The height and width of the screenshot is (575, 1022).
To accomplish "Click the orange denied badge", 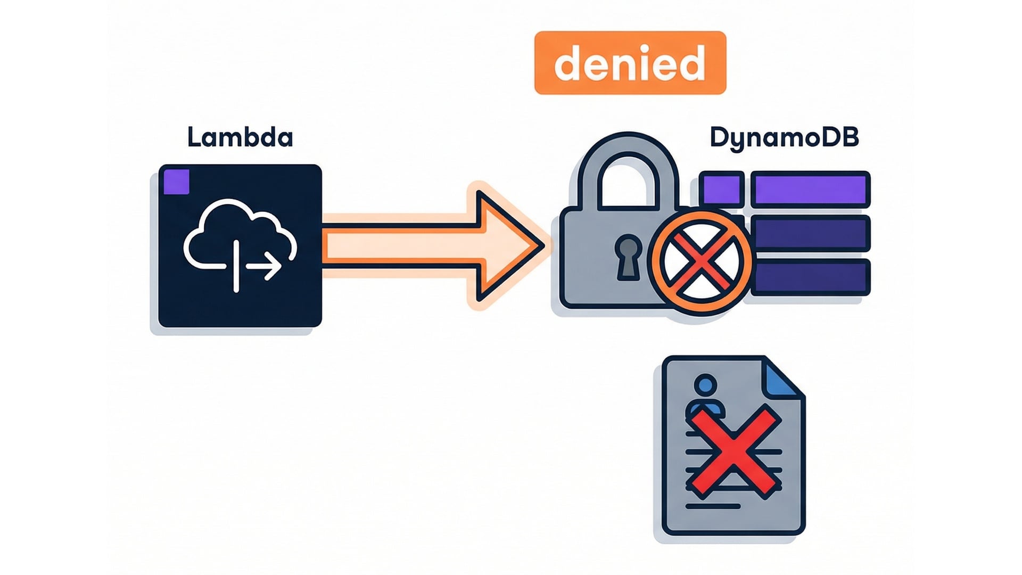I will pyautogui.click(x=630, y=63).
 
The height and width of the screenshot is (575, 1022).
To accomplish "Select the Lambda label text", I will pyautogui.click(x=240, y=137).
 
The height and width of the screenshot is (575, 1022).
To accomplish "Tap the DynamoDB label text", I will pyautogui.click(x=784, y=137).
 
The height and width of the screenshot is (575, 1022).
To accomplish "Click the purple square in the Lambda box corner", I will pyautogui.click(x=177, y=182).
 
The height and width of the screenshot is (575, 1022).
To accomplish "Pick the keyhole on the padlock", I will pyautogui.click(x=628, y=258).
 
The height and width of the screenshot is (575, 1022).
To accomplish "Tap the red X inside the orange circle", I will pyautogui.click(x=701, y=261).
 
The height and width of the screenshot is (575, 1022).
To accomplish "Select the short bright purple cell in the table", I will pyautogui.click(x=722, y=190).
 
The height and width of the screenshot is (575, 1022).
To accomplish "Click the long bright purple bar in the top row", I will pyautogui.click(x=810, y=190).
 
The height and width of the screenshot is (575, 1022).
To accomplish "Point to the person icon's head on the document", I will pyautogui.click(x=706, y=385).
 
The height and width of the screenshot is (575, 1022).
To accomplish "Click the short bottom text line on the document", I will pyautogui.click(x=713, y=506).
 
